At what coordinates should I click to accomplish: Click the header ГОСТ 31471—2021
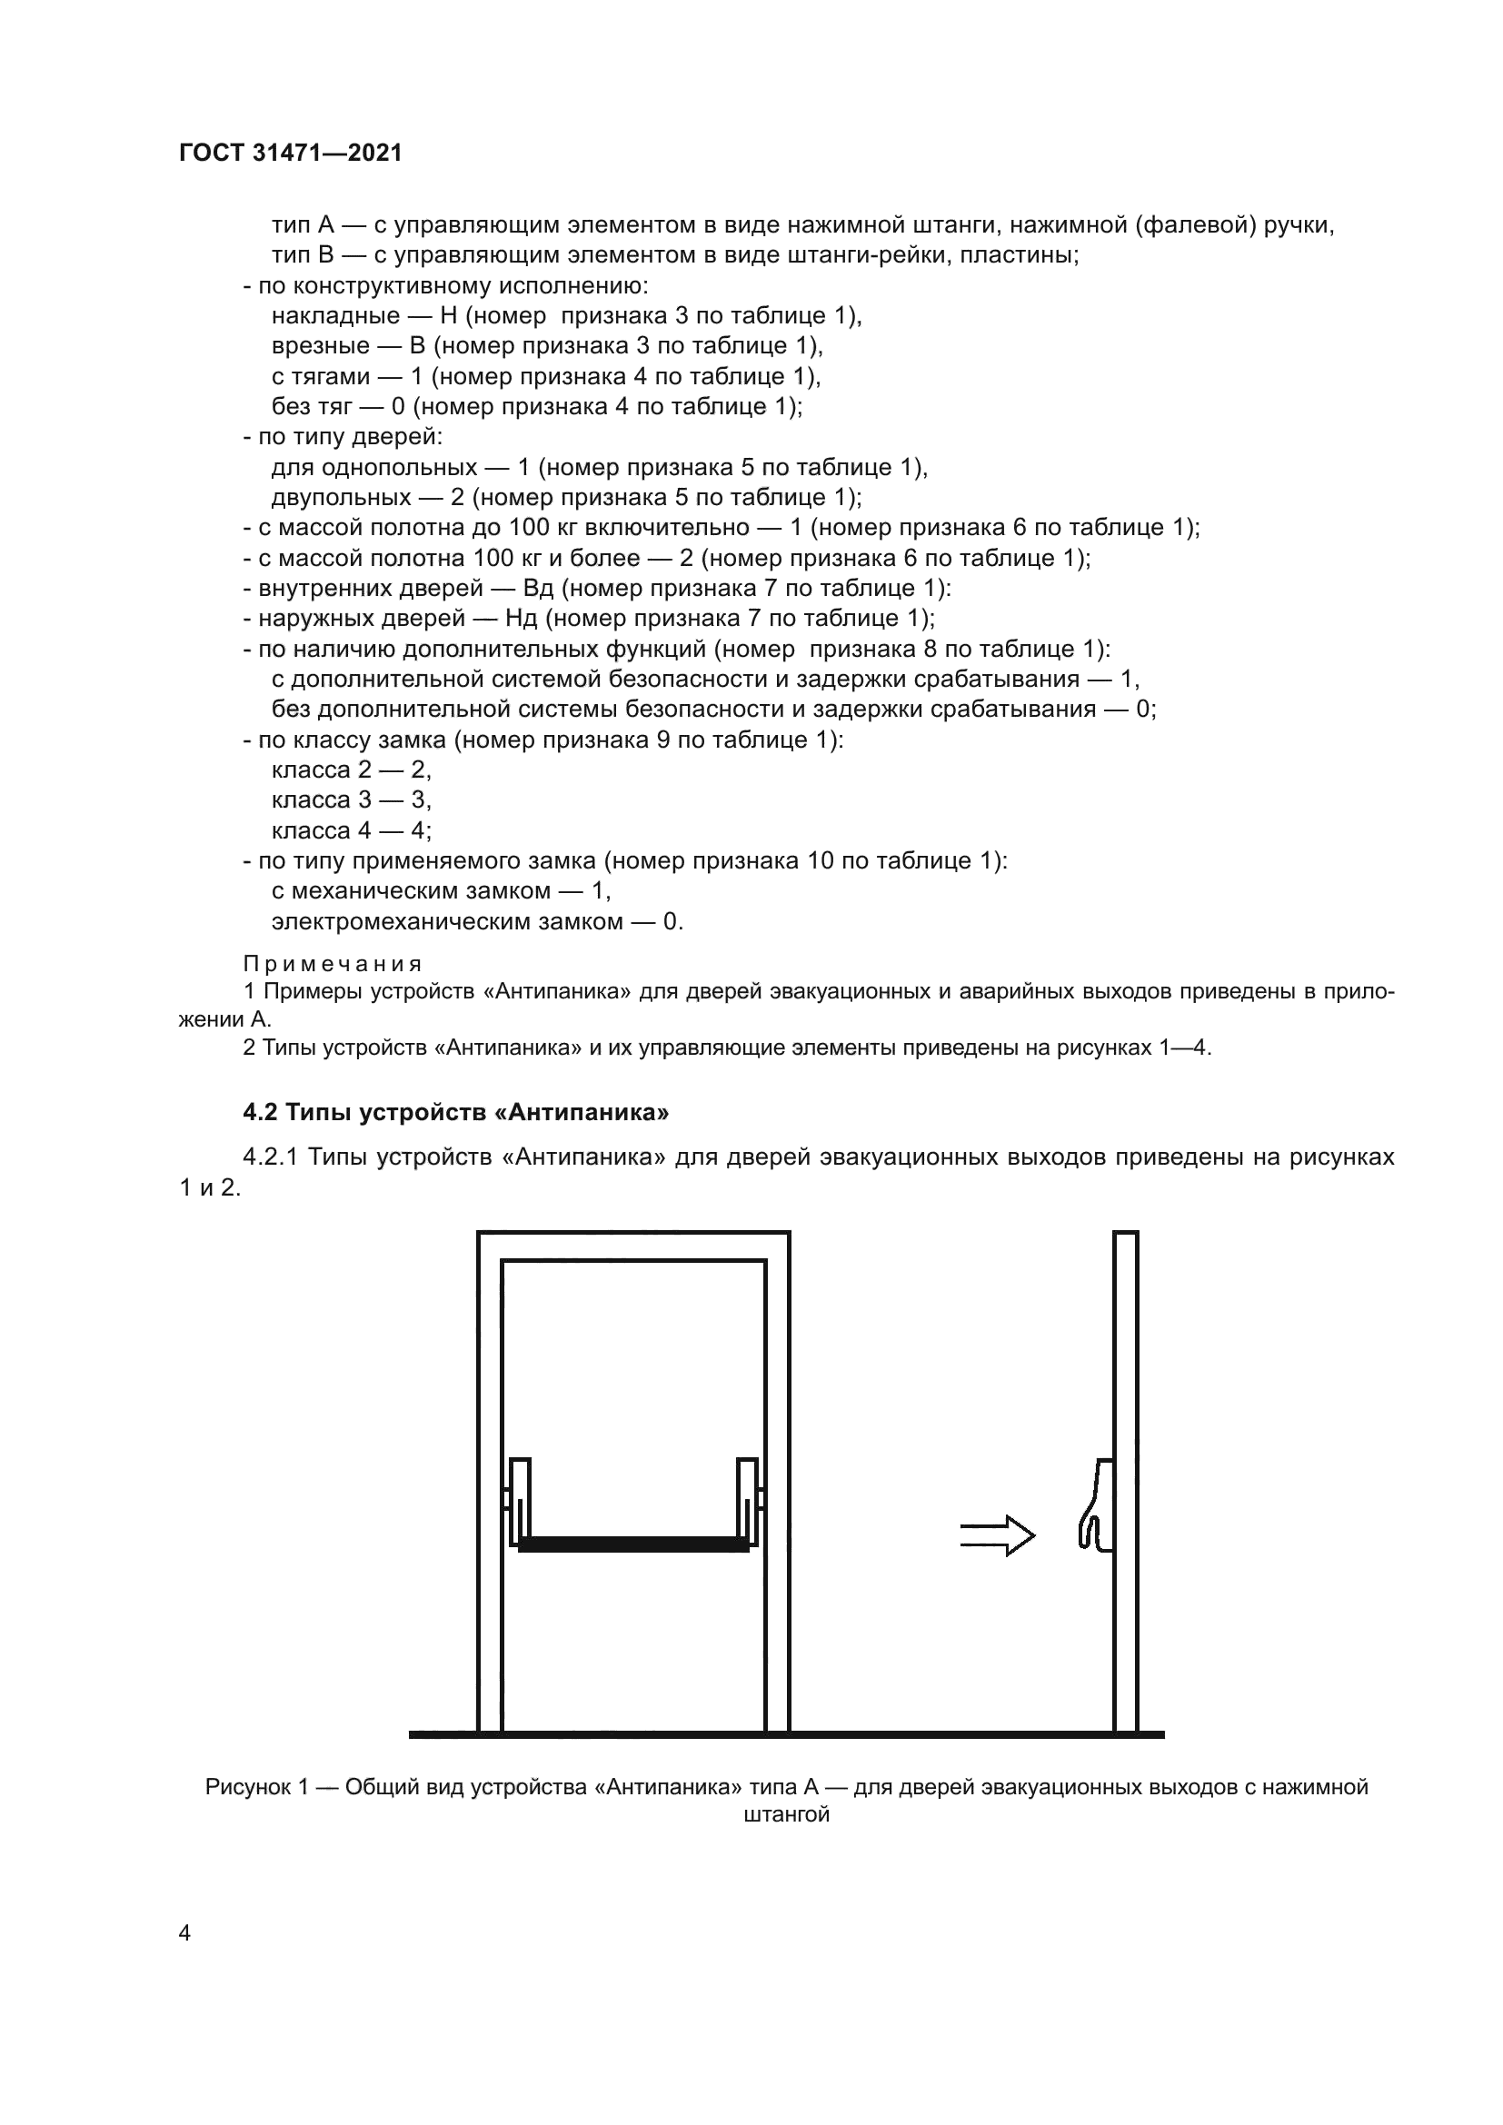pyautogui.click(x=291, y=153)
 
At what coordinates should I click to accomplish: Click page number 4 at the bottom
pyautogui.click(x=184, y=1932)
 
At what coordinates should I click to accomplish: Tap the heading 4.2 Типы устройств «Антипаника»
pyautogui.click(x=455, y=1111)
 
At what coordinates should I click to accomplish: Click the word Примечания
pyautogui.click(x=333, y=963)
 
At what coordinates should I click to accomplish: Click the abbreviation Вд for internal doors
pyautogui.click(x=538, y=588)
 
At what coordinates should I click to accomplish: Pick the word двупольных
pyautogui.click(x=341, y=497)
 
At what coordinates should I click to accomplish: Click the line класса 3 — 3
pyautogui.click(x=351, y=799)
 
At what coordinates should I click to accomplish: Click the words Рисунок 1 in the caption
pyautogui.click(x=256, y=1787)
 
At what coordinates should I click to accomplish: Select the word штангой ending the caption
pyautogui.click(x=786, y=1815)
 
